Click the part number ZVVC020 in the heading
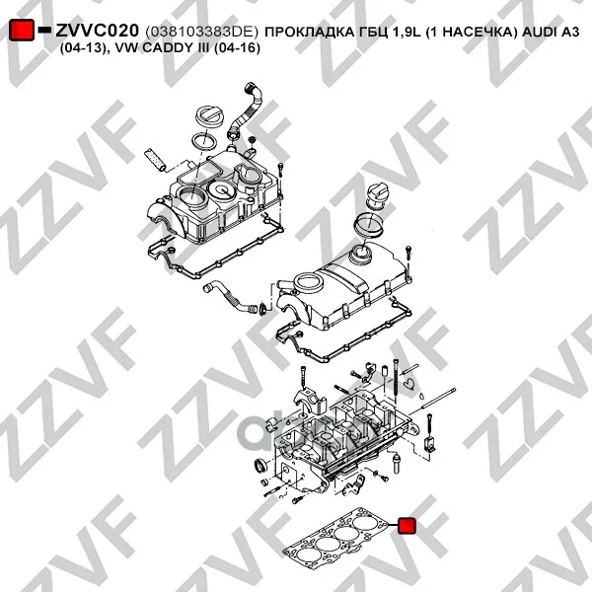pos(98,31)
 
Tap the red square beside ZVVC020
pos(21,30)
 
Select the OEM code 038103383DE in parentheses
pos(201,32)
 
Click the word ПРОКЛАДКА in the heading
pos(309,33)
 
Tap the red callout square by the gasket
pos(407,526)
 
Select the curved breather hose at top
pos(247,111)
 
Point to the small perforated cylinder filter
pos(155,161)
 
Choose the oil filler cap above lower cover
pos(376,195)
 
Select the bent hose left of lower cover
pos(231,298)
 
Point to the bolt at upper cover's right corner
pos(280,170)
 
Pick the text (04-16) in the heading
pos(237,48)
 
